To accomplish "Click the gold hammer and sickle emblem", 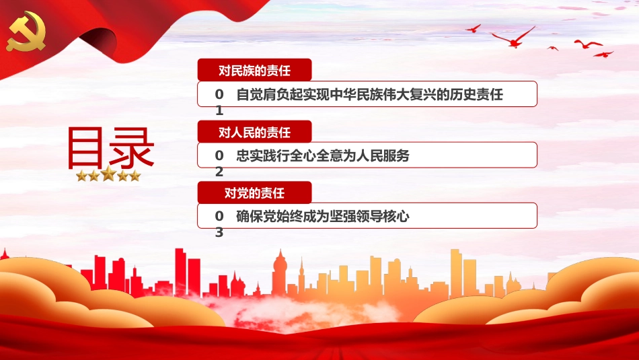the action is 26,32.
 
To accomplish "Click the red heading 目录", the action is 110,147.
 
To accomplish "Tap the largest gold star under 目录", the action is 108,174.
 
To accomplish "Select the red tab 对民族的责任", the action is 255,70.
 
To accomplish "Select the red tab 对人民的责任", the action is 255,132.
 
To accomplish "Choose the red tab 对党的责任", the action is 255,192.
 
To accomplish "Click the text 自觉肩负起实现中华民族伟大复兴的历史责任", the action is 370,95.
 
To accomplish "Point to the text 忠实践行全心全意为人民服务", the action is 323,155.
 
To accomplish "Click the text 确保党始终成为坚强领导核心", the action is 323,216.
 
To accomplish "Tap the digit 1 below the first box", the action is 219,110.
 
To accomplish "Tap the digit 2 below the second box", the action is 219,172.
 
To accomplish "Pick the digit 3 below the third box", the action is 219,232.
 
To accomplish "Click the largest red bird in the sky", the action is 513,38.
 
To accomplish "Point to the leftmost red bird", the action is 474,28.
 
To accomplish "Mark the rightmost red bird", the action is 604,54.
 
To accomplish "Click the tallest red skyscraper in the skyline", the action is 181,271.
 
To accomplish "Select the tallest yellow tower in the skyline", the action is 456,273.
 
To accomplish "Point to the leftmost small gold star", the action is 81,176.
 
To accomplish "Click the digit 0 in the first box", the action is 219,94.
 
